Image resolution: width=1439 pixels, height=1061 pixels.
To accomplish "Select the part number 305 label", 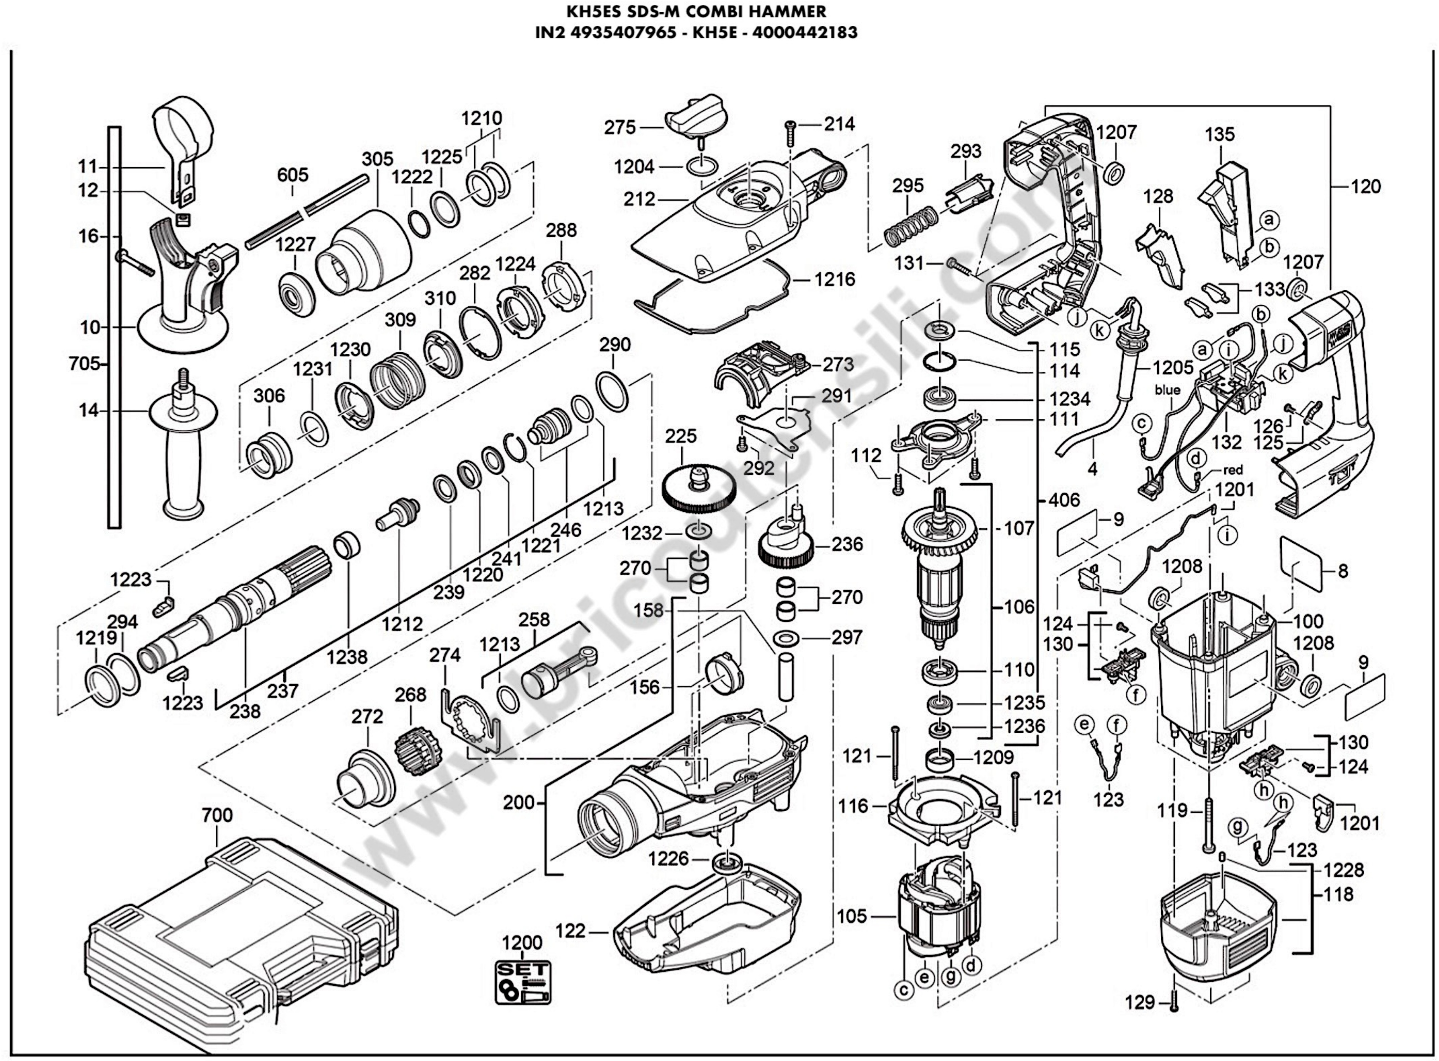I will (377, 159).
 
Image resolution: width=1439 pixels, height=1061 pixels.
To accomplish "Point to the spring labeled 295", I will (907, 225).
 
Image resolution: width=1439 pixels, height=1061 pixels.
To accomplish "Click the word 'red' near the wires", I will (1233, 470).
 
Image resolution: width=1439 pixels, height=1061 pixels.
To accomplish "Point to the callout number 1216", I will (835, 279).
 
